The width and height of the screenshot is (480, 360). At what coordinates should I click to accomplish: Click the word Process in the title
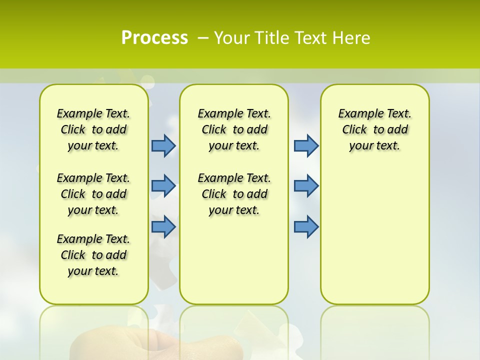[154, 38]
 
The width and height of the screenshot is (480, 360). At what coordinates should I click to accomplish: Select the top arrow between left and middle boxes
[163, 145]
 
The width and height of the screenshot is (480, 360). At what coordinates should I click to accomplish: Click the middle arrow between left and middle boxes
[163, 186]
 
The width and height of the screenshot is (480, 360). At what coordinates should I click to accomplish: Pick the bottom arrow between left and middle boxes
[163, 226]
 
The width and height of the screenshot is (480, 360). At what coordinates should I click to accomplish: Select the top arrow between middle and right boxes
[306, 145]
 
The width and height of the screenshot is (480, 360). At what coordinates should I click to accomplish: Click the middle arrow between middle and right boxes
[306, 186]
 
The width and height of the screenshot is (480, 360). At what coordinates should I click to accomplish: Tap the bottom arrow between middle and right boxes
[306, 226]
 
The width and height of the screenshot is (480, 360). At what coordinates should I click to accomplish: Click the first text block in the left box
[93, 129]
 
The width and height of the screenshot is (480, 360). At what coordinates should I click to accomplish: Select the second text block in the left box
[93, 194]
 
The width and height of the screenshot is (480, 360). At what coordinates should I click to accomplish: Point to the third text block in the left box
[93, 255]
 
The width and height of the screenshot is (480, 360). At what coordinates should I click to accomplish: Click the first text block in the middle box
[234, 129]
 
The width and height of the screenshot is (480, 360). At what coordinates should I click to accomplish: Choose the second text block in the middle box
[234, 194]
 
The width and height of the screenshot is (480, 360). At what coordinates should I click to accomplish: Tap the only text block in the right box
[375, 129]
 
